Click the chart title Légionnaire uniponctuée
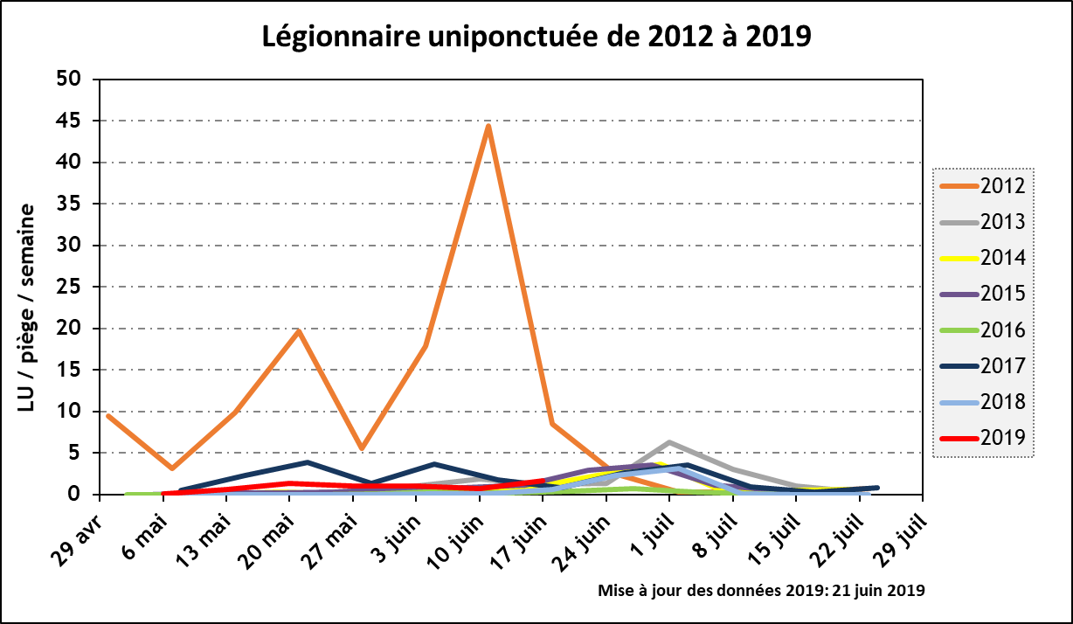536,36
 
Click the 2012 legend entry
984,185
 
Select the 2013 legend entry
984,221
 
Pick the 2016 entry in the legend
984,329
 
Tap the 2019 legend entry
984,437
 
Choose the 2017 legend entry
984,365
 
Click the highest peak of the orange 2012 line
488,127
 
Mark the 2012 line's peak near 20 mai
298,330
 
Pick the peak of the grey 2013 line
668,442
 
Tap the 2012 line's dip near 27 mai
361,448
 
